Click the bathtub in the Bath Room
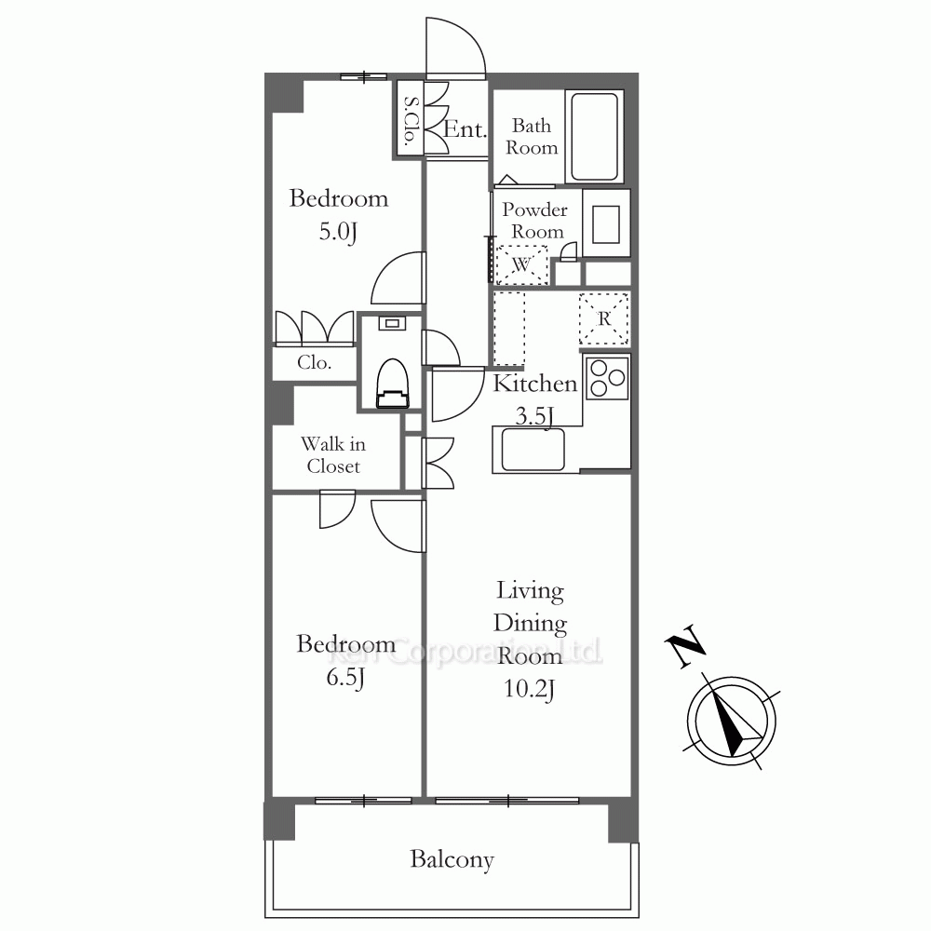pos(594,137)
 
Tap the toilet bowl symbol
pos(393,384)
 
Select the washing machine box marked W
pos(522,264)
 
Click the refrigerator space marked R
pos(604,318)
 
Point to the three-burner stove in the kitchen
pos(607,378)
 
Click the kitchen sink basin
pos(533,449)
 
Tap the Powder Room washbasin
pos(606,224)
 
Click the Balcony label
pos(452,859)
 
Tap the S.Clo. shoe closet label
pos(411,121)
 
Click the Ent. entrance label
pos(465,128)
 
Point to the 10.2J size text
pos(529,689)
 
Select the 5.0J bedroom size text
pos(339,232)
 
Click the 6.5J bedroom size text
pos(345,678)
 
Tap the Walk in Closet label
pos(333,455)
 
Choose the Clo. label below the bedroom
pos(314,362)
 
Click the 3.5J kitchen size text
pos(534,416)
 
